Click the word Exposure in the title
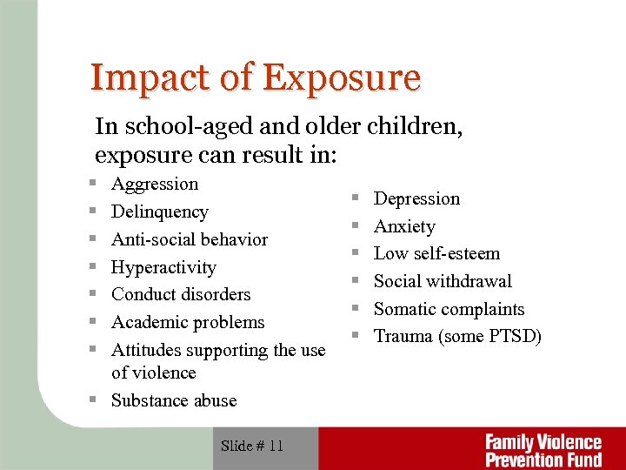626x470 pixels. pyautogui.click(x=341, y=77)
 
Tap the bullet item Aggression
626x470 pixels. pyautogui.click(x=155, y=184)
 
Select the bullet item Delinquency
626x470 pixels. pyautogui.click(x=160, y=211)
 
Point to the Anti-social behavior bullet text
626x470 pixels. pyautogui.click(x=190, y=239)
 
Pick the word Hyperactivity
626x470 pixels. pyautogui.click(x=163, y=267)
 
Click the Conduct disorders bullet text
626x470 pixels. pyautogui.click(x=181, y=294)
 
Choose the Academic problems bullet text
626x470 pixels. pyautogui.click(x=188, y=322)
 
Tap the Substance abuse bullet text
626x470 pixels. pyautogui.click(x=174, y=400)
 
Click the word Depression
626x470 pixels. pyautogui.click(x=416, y=198)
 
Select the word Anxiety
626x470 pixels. pyautogui.click(x=404, y=226)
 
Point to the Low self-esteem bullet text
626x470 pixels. pyautogui.click(x=436, y=253)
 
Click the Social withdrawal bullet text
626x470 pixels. pyautogui.click(x=443, y=281)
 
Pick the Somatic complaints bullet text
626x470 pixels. pyautogui.click(x=449, y=309)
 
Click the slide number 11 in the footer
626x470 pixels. pyautogui.click(x=276, y=446)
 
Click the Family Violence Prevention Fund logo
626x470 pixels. pyautogui.click(x=543, y=449)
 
